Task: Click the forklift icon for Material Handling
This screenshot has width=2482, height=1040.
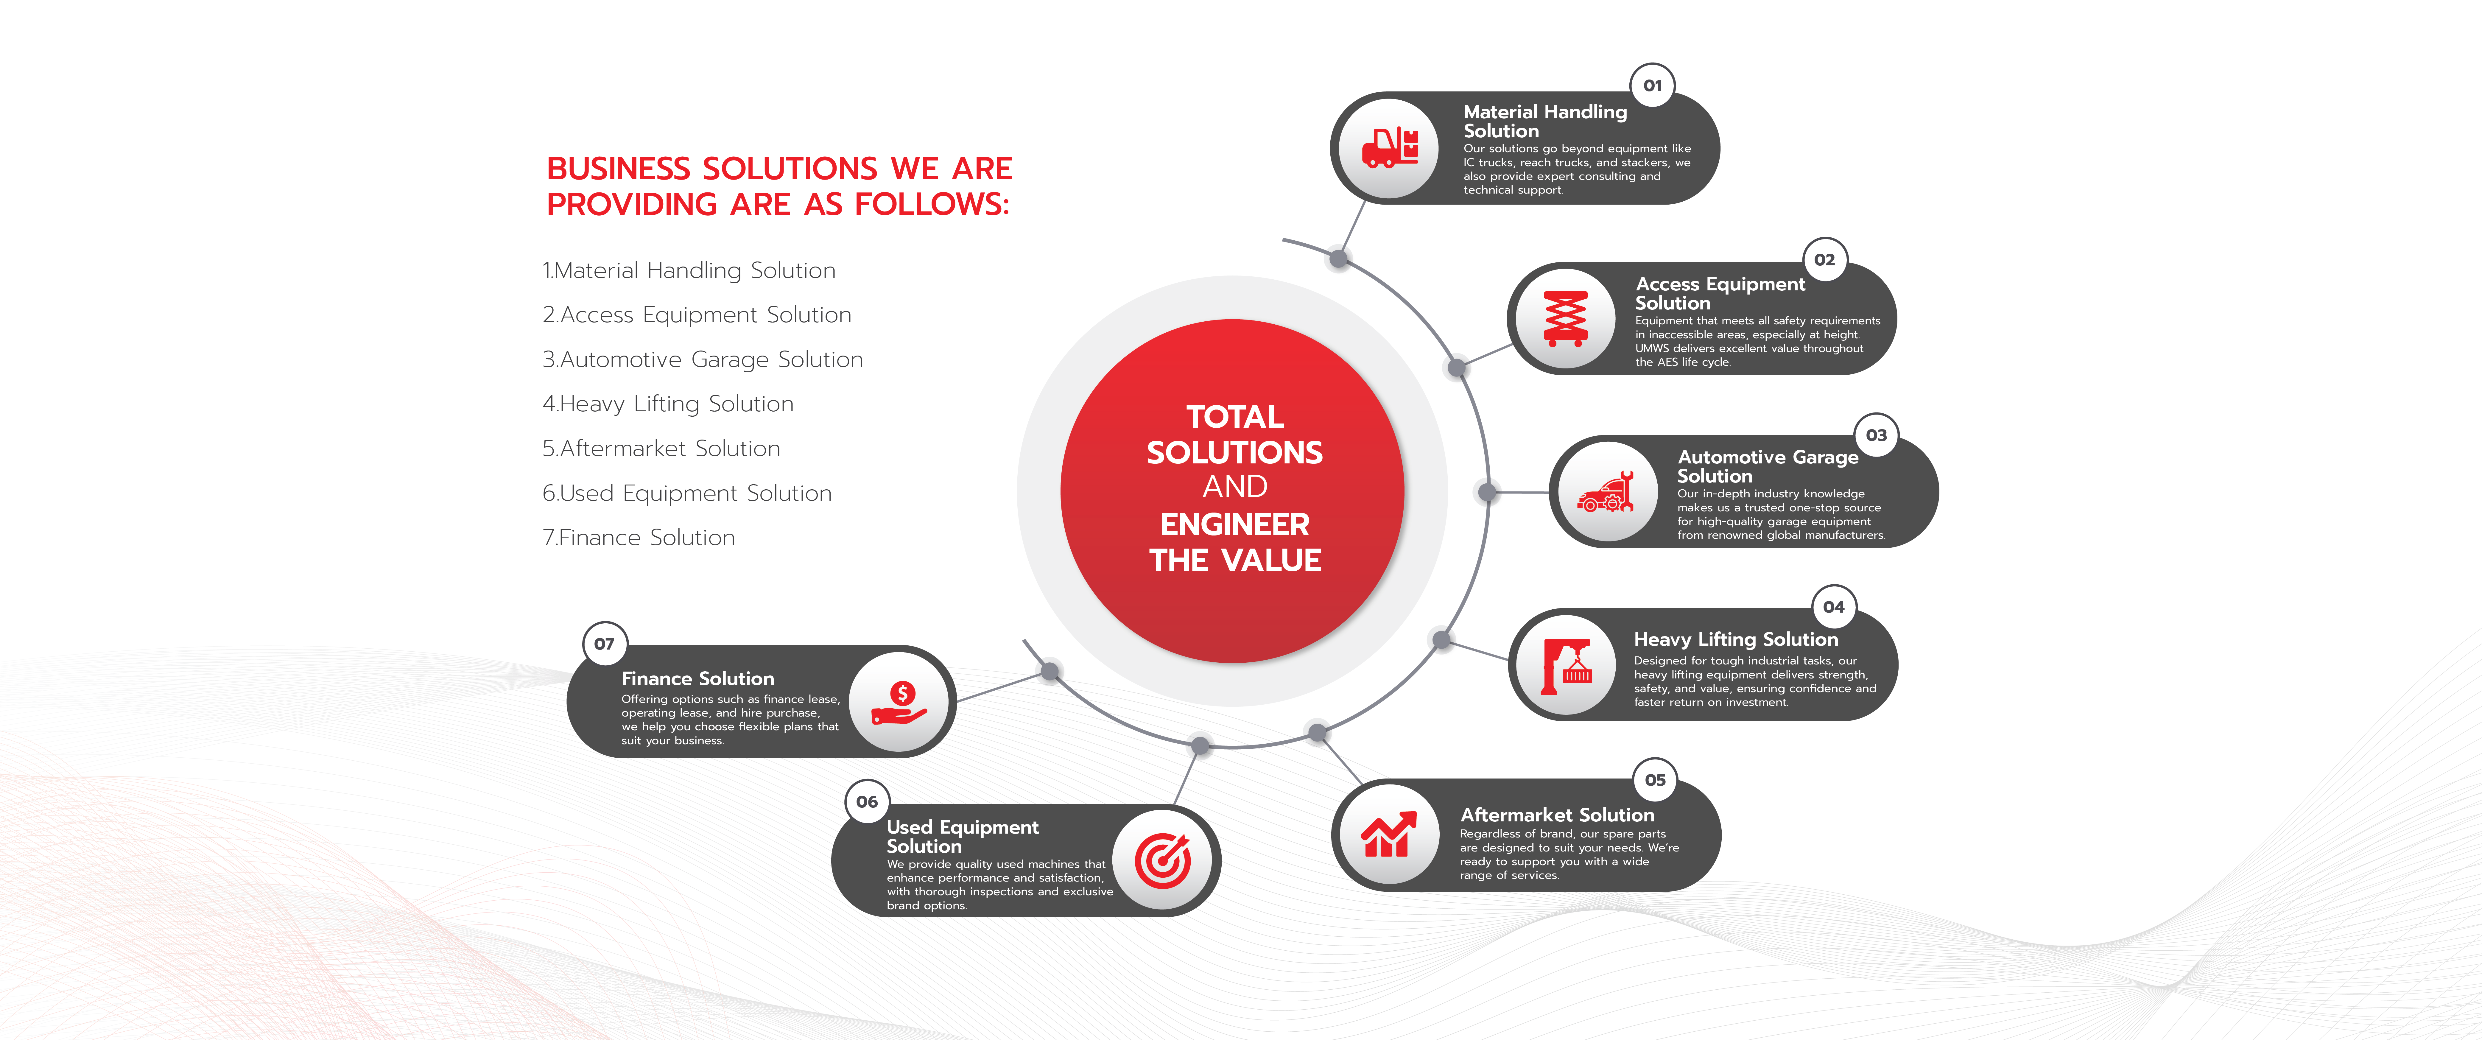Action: (1390, 148)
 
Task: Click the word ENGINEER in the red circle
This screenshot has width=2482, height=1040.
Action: (1234, 524)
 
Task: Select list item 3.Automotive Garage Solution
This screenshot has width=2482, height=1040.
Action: (702, 359)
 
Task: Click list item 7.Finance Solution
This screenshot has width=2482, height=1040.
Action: (639, 538)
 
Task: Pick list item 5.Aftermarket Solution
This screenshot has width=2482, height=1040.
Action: (661, 448)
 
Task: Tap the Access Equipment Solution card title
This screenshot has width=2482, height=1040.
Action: (1720, 293)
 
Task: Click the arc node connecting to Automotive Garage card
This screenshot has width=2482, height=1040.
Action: (1488, 493)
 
